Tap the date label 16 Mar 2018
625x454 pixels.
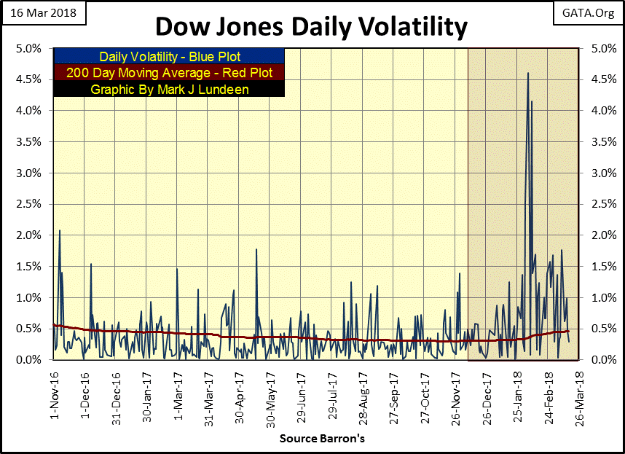point(42,14)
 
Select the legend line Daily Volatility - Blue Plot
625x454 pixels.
point(168,57)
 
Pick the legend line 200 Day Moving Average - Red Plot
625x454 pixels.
point(168,73)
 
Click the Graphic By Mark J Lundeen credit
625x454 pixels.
point(168,89)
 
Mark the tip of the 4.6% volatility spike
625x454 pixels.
point(527,73)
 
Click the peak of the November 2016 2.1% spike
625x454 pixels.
point(60,230)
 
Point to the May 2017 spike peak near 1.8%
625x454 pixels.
point(256,249)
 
